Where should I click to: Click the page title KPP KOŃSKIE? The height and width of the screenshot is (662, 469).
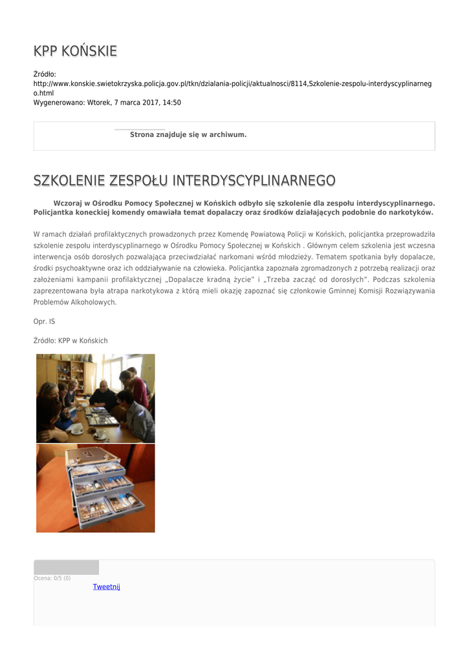75,51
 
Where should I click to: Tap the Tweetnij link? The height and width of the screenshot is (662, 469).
106,586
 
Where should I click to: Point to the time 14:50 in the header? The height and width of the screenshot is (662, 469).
171,102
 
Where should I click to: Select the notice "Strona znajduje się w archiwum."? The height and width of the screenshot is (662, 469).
188,134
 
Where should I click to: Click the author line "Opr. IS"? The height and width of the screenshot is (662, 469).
44,321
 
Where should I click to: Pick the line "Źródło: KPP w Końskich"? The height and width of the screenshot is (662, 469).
71,341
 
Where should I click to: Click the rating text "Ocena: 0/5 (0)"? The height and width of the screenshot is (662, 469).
52,578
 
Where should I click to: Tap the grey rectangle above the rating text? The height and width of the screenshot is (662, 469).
66,567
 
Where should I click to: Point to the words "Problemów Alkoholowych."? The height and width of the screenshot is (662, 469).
75,302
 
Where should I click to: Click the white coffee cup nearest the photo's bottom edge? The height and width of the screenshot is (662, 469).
100,436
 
